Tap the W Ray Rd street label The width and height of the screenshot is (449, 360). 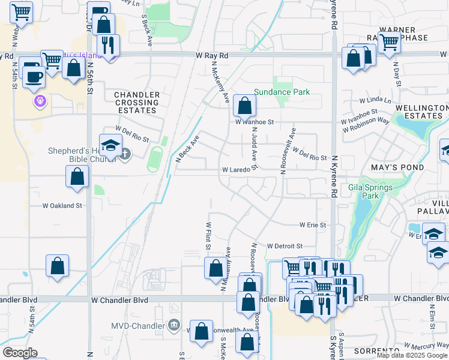[x=212, y=55]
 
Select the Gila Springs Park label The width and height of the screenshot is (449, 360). [x=370, y=191]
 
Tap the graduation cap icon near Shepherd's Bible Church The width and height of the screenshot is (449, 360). [x=110, y=145]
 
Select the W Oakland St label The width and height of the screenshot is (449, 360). [x=62, y=205]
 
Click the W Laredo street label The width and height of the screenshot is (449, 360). [x=236, y=170]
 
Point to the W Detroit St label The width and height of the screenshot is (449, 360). [x=285, y=246]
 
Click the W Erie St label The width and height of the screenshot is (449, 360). [x=313, y=225]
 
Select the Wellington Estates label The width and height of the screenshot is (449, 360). [x=421, y=112]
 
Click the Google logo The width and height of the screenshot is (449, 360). [x=20, y=353]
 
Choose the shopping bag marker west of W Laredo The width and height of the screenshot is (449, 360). [x=77, y=176]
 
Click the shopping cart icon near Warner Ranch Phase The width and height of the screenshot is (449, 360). [x=389, y=42]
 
